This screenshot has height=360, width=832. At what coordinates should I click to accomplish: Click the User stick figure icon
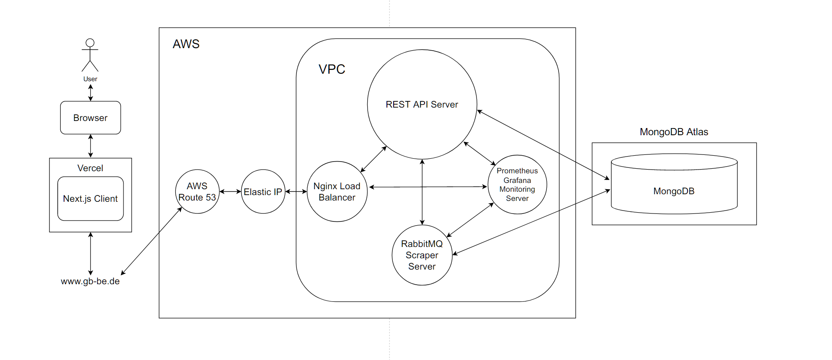(90, 55)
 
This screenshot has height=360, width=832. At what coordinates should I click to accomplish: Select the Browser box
(90, 118)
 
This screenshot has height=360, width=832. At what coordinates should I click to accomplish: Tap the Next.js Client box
(90, 198)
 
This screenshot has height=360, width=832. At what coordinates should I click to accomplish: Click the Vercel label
(90, 168)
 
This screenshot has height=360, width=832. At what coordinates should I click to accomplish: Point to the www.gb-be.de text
(90, 281)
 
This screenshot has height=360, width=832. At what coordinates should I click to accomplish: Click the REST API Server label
(422, 105)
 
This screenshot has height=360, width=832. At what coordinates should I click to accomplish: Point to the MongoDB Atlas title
(674, 132)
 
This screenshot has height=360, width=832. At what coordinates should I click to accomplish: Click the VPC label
(332, 69)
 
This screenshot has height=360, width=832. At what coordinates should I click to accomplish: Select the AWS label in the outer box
(186, 44)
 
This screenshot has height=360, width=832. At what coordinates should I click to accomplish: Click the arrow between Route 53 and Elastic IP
(230, 192)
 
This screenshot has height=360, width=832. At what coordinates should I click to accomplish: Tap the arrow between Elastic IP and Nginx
(296, 192)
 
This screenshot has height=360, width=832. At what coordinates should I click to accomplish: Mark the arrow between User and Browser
(90, 93)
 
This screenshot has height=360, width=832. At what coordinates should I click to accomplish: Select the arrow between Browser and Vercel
(90, 146)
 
